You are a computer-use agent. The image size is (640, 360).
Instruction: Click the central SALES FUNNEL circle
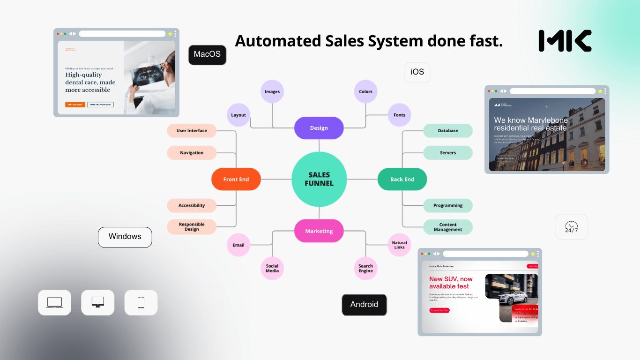coord(319,179)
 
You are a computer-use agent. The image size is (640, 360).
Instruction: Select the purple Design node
coord(319,128)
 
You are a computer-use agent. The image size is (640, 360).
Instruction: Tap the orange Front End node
coord(236,180)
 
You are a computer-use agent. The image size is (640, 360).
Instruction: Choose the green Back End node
coord(402,180)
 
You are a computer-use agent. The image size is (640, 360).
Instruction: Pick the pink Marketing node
coord(319,231)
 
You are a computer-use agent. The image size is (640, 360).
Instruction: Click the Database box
coord(448,131)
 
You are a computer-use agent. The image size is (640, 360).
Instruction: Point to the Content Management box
coord(448,227)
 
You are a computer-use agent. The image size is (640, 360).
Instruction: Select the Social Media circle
coord(272,268)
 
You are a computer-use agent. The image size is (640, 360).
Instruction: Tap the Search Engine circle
coord(365,268)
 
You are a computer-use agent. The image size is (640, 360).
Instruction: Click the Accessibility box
coord(192,205)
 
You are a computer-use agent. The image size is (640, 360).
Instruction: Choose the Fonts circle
coord(399,115)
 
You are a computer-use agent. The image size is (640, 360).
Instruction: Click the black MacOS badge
coord(207,54)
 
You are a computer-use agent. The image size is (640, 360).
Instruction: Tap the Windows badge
coord(125,237)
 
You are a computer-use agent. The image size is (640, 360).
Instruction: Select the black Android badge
coord(364,305)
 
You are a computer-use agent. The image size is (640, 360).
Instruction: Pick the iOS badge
coord(417,72)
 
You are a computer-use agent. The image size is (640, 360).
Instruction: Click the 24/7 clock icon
coord(571,227)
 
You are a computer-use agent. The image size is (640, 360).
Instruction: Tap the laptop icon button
coord(54,302)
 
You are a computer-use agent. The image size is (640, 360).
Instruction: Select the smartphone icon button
coord(141,303)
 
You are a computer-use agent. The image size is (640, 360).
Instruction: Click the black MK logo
coord(565,41)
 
